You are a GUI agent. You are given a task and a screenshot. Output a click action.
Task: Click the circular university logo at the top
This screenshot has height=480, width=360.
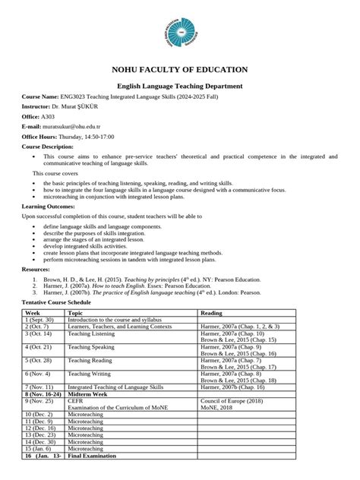coord(179,34)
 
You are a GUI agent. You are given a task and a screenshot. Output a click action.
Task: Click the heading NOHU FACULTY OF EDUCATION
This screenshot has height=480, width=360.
coord(179,71)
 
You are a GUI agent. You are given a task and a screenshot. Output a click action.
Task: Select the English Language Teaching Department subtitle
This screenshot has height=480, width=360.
coord(179,88)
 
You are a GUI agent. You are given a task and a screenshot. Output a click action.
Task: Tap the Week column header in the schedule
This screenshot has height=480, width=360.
coord(33,313)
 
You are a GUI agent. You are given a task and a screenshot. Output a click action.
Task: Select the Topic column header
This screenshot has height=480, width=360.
coord(75,313)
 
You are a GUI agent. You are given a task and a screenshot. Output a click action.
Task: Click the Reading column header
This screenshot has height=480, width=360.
coord(211,313)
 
